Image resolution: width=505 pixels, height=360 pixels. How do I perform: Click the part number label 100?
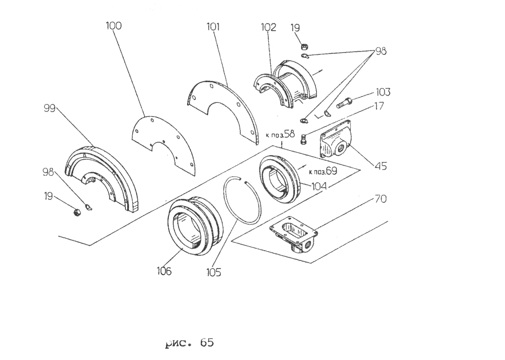[x=114, y=26]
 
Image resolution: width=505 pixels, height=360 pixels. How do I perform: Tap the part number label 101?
[x=213, y=27]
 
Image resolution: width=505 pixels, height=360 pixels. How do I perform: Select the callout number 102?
[x=268, y=27]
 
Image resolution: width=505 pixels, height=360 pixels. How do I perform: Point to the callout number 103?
[x=383, y=92]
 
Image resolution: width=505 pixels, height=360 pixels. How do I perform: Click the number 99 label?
[x=49, y=108]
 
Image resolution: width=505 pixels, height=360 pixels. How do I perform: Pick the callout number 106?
[x=164, y=271]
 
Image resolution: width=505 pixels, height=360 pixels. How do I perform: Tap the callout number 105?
[x=214, y=273]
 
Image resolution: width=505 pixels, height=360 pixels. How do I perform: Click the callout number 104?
[x=319, y=186]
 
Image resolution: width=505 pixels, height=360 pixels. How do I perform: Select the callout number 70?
[x=381, y=199]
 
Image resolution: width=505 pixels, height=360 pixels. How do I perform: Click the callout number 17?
[x=379, y=106]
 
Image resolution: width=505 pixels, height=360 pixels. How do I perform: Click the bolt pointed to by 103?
[x=344, y=103]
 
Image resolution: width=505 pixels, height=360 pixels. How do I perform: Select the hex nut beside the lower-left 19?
[x=77, y=212]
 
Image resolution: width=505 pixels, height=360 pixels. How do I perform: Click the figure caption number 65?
[x=206, y=342]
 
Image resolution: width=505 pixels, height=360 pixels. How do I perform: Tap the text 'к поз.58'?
[x=280, y=134]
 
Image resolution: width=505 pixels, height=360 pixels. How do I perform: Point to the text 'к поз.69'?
[x=322, y=171]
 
